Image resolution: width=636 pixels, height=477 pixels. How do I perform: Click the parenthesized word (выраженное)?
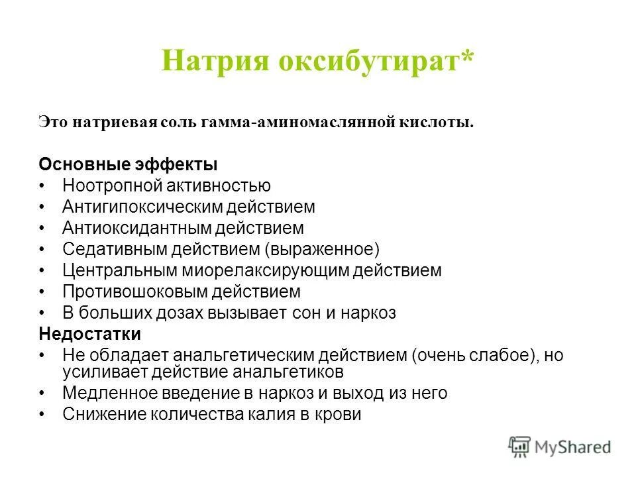pos(323,249)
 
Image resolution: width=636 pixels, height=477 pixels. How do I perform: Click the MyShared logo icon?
pos(519,447)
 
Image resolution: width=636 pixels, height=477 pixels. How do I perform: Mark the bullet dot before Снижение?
pos(43,414)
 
